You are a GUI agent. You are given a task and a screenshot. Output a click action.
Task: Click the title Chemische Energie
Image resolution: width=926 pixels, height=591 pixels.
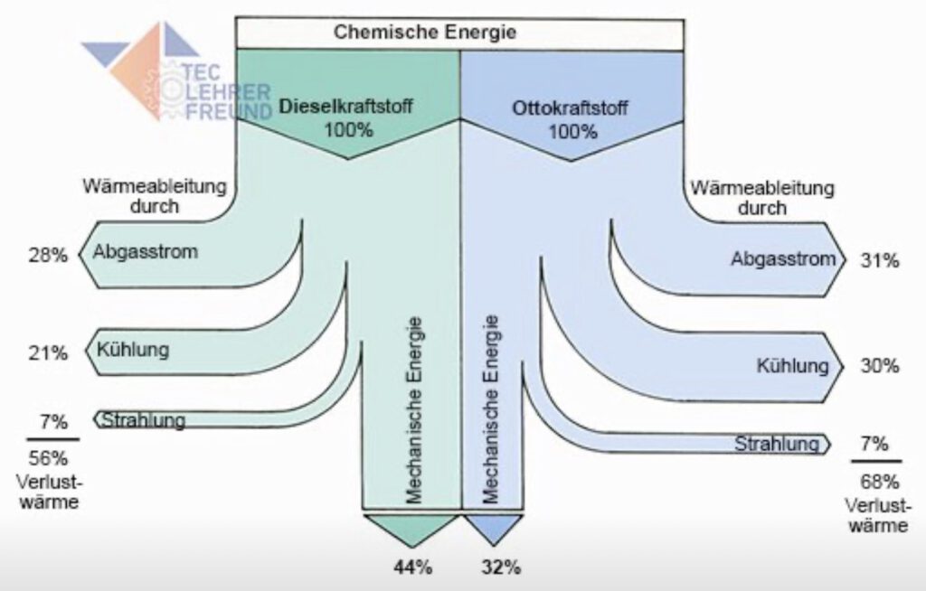pyautogui.click(x=425, y=33)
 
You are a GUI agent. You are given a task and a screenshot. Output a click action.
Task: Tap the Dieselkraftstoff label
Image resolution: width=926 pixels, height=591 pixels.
pyautogui.click(x=346, y=107)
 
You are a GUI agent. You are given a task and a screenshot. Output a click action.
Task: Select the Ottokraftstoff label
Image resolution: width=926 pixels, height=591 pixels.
pyautogui.click(x=572, y=108)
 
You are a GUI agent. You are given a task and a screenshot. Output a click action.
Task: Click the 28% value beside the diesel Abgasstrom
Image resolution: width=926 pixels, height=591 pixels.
pyautogui.click(x=47, y=256)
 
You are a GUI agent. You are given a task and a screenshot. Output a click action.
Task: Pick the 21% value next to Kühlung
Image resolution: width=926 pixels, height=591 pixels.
pyautogui.click(x=47, y=352)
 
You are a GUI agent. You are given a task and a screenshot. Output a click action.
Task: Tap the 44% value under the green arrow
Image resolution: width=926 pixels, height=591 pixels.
pyautogui.click(x=412, y=568)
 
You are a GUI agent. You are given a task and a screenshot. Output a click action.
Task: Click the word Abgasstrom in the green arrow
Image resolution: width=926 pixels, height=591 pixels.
pyautogui.click(x=146, y=252)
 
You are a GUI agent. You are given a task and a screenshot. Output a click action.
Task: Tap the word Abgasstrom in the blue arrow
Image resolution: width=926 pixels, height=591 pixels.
pyautogui.click(x=783, y=259)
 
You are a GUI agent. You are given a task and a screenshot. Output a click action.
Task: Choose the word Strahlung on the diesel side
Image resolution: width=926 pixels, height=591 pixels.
pyautogui.click(x=144, y=420)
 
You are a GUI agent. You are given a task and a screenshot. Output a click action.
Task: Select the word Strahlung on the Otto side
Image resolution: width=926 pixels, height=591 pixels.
pyautogui.click(x=777, y=444)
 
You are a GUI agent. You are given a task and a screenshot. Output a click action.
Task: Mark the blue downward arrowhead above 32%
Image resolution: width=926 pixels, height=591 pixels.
pyautogui.click(x=493, y=529)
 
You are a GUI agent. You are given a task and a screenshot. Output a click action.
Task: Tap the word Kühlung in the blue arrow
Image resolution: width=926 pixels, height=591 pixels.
pyautogui.click(x=793, y=366)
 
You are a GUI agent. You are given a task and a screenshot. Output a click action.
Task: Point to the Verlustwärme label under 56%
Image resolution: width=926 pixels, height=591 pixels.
pyautogui.click(x=47, y=488)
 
